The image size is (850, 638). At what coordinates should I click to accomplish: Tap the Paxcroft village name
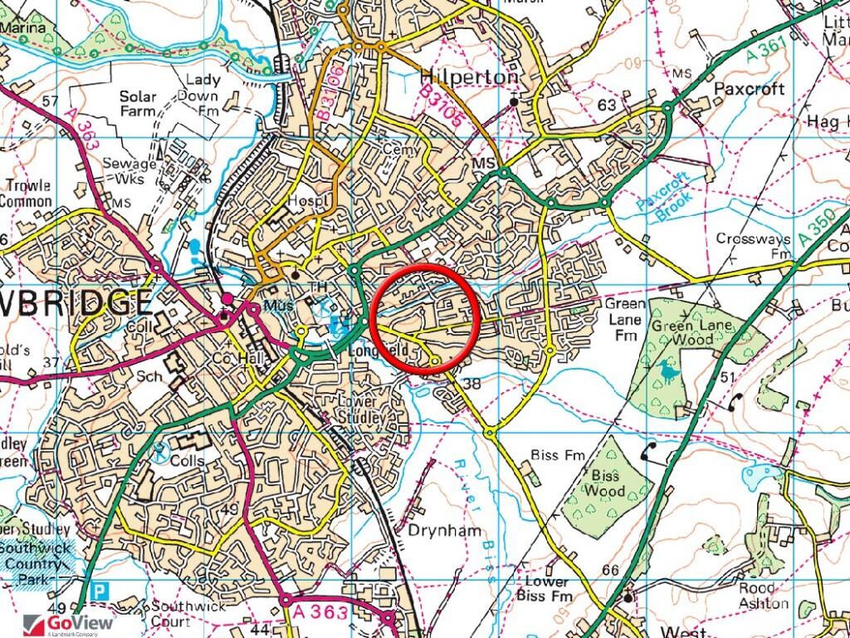pos(750,90)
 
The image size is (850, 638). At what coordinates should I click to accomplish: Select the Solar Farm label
pos(138,103)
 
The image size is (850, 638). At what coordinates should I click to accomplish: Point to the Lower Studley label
pos(364,410)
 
